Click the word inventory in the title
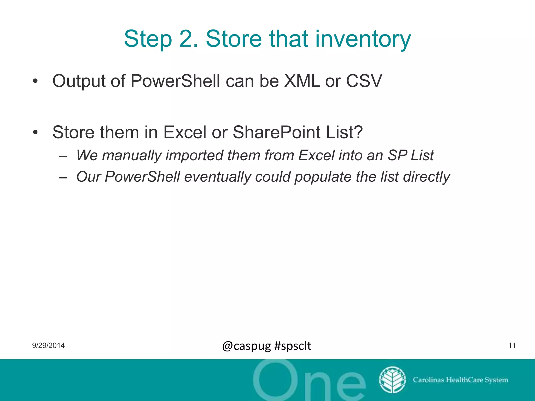363,39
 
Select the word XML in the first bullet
302,81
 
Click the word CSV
364,81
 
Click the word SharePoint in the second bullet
276,132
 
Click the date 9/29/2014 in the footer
48,346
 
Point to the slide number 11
512,346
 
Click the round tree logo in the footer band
392,380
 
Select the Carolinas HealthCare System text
460,380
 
